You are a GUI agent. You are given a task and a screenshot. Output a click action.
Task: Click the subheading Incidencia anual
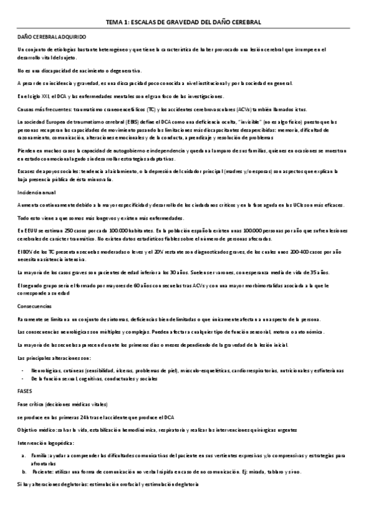37,192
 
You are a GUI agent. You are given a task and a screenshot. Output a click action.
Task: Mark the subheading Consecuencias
35,306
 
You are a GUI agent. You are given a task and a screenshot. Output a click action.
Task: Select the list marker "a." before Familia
23,455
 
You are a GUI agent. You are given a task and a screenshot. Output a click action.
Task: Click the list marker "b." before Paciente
23,471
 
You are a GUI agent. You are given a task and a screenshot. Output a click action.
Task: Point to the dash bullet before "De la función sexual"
23,378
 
